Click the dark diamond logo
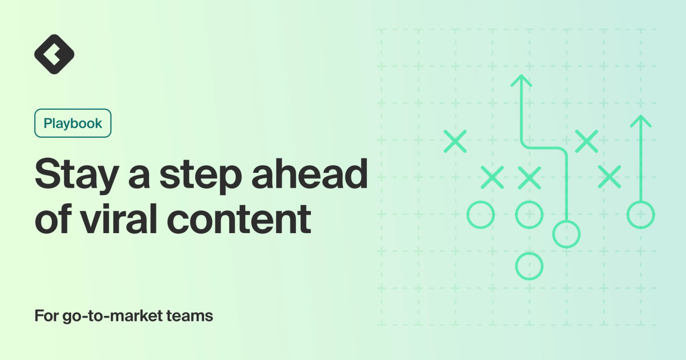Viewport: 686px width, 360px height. [x=54, y=54]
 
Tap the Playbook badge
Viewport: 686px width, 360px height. [x=73, y=123]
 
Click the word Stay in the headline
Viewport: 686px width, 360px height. [x=76, y=175]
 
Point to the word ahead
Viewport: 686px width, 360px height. [x=310, y=174]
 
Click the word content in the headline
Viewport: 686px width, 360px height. [x=239, y=219]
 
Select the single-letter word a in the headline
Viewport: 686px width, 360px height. [x=139, y=176]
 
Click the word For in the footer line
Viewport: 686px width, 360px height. [x=46, y=316]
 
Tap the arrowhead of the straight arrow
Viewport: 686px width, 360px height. [x=641, y=120]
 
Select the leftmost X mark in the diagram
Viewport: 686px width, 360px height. [x=455, y=142]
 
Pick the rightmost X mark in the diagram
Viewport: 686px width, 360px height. [x=609, y=176]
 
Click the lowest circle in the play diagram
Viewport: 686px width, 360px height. [x=529, y=266]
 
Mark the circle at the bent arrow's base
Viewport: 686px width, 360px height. [x=566, y=234]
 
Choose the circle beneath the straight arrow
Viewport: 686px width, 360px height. [x=641, y=215]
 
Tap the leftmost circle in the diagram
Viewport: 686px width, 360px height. [x=481, y=215]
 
